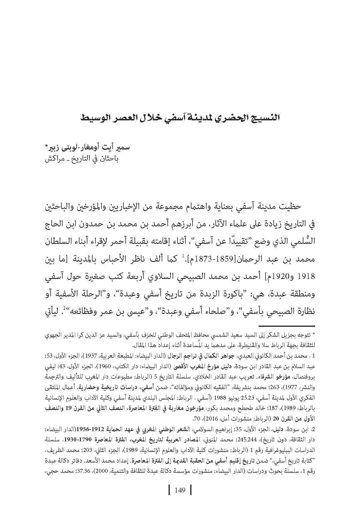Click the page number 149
pos(180,490)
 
